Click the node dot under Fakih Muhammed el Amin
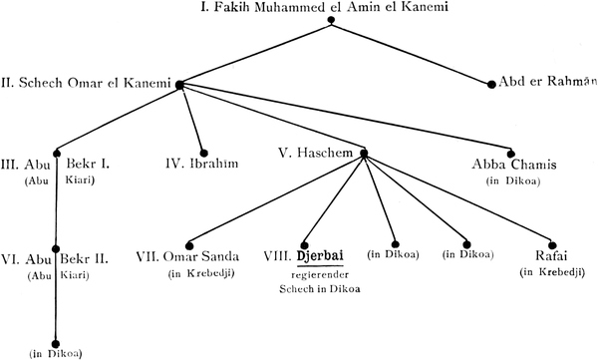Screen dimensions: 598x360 coord(331,20)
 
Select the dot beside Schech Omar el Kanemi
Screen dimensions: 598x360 coord(179,85)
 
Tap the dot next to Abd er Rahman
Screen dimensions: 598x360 coord(491,85)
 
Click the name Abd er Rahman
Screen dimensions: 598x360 coord(547,82)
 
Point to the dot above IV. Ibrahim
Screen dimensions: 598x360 coord(204,154)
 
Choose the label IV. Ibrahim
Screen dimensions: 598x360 coord(202,164)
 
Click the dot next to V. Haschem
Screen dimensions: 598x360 coord(364,154)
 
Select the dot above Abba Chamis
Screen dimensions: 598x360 coord(511,154)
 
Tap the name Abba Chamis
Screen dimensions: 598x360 coord(514,165)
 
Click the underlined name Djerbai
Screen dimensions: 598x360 coord(320,255)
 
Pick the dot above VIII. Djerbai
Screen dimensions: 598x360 coord(304,245)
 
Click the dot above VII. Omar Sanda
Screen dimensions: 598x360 coord(189,245)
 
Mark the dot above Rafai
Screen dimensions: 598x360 coord(552,245)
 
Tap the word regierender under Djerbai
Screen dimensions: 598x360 coord(320,274)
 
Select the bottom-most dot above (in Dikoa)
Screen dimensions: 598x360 coord(56,344)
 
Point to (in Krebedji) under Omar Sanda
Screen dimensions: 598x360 coord(201,273)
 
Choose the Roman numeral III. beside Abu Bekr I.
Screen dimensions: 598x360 coord(10,165)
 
